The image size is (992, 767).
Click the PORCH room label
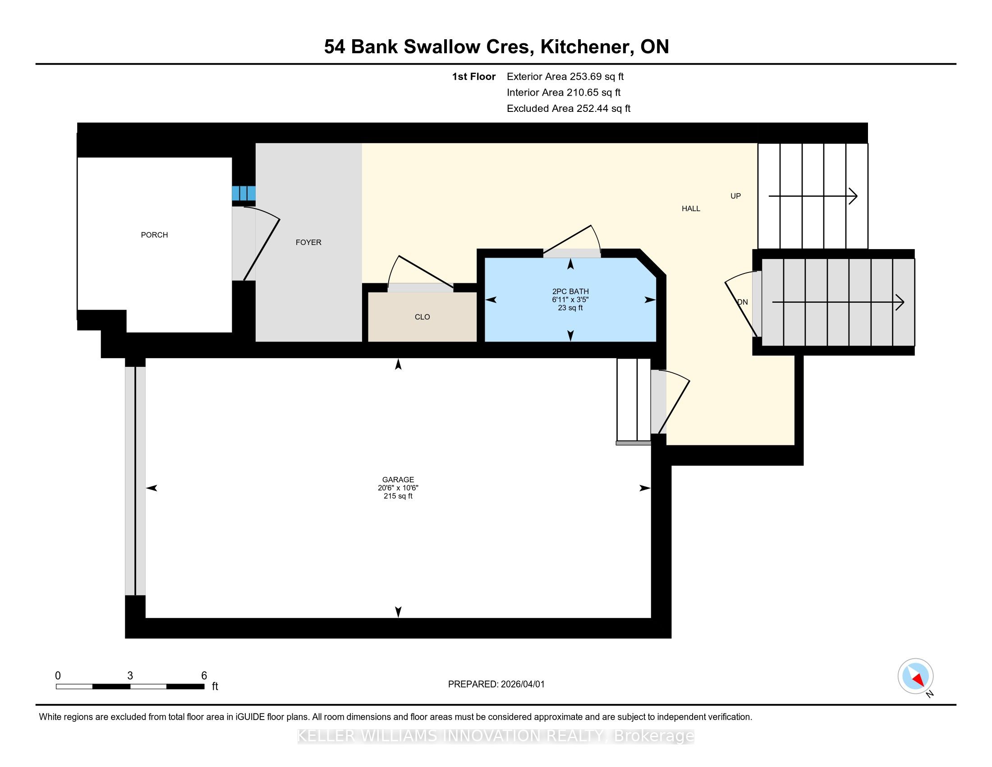pyautogui.click(x=154, y=235)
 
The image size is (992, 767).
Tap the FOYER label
pyautogui.click(x=308, y=242)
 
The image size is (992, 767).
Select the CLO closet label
pyautogui.click(x=423, y=317)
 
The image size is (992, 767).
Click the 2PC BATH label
pyautogui.click(x=570, y=292)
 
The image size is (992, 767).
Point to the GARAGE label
pyautogui.click(x=398, y=479)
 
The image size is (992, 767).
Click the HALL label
pyautogui.click(x=691, y=208)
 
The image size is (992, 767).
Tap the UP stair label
pyautogui.click(x=736, y=196)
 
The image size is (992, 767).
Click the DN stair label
pyautogui.click(x=743, y=302)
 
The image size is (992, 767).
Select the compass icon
pyautogui.click(x=916, y=676)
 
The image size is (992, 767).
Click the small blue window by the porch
pyautogui.click(x=244, y=193)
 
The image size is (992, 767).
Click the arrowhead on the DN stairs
pyautogui.click(x=900, y=302)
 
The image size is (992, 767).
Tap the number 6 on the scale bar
pyautogui.click(x=204, y=676)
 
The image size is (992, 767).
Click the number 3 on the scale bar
pyautogui.click(x=130, y=676)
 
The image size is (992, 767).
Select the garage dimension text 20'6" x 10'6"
pyautogui.click(x=398, y=488)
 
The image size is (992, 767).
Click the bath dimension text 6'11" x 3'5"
pyautogui.click(x=570, y=300)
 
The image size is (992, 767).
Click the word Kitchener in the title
pyautogui.click(x=584, y=47)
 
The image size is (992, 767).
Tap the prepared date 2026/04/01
pyautogui.click(x=522, y=684)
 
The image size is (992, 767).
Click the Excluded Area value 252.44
pyautogui.click(x=592, y=109)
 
